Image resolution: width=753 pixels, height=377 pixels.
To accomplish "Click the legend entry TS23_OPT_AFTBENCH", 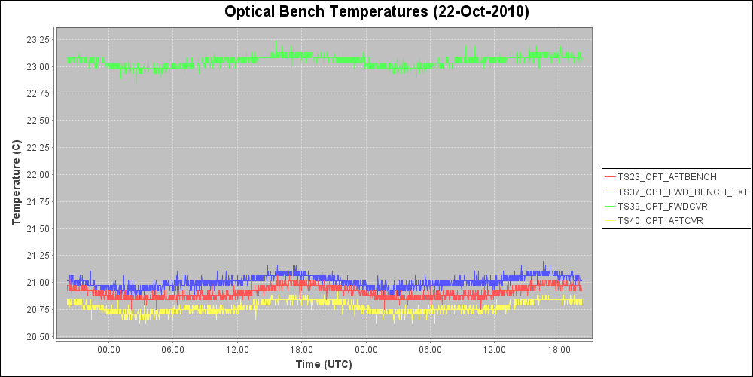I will (666, 177).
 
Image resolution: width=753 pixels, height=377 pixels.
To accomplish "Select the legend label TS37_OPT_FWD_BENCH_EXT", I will (682, 192).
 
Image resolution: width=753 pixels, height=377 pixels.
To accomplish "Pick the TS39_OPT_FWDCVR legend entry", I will (662, 206).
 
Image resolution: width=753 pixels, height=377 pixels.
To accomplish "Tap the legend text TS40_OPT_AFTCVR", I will (660, 220).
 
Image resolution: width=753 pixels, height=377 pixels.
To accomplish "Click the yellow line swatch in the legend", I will (610, 220).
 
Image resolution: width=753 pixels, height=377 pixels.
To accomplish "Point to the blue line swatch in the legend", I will (610, 192).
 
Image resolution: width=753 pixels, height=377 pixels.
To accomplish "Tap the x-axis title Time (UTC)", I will (324, 364).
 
